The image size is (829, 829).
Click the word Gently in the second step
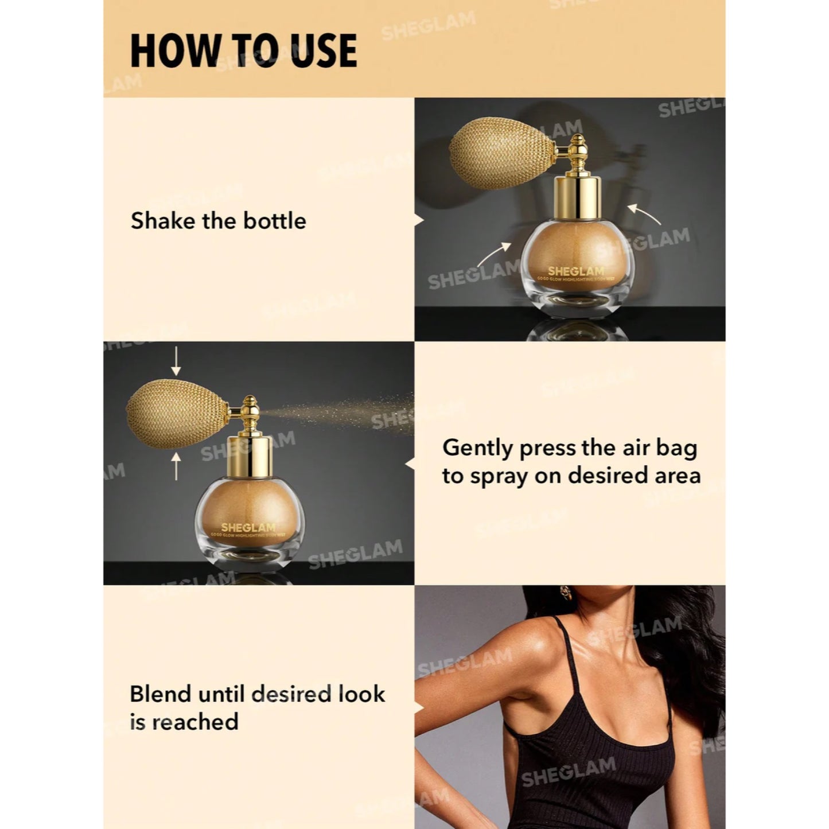point(477,449)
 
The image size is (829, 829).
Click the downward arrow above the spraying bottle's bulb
point(176,361)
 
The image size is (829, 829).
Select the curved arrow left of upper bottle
point(495,253)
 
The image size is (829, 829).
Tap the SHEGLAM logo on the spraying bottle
point(248,527)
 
